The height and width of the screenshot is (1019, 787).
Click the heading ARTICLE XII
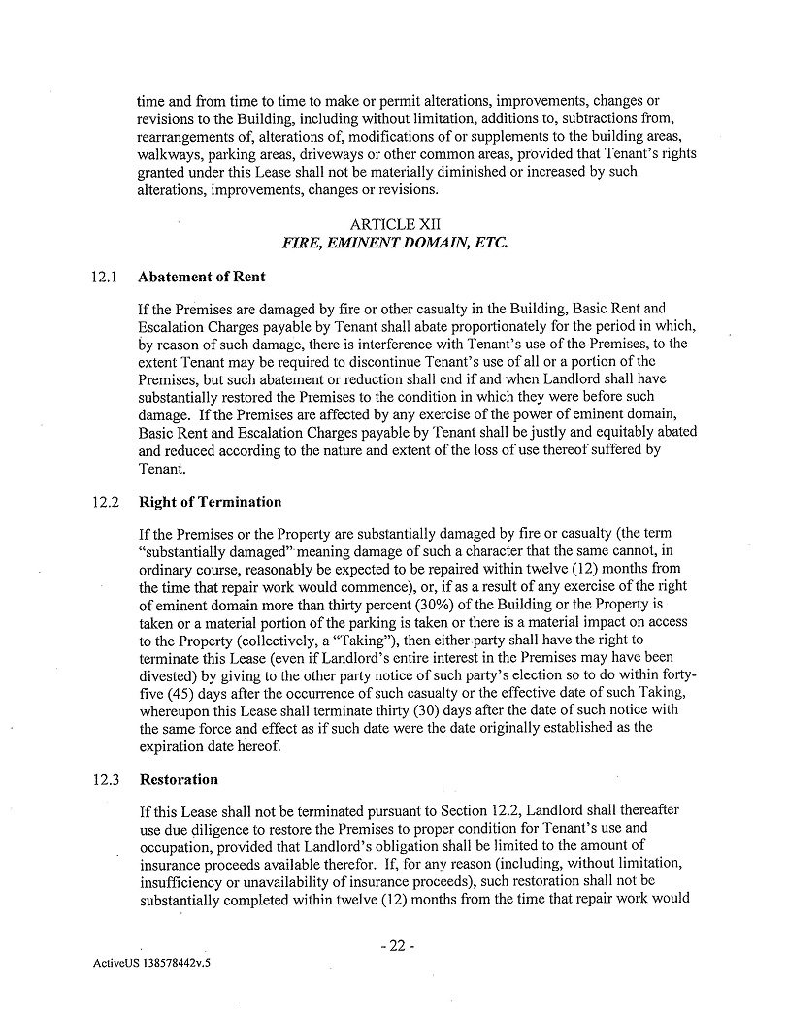394,224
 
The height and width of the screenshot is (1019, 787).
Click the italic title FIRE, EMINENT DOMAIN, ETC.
394,242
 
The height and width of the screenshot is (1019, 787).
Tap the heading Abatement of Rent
202,277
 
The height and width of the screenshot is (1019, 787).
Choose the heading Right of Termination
211,502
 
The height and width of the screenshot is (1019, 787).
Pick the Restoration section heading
179,779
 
